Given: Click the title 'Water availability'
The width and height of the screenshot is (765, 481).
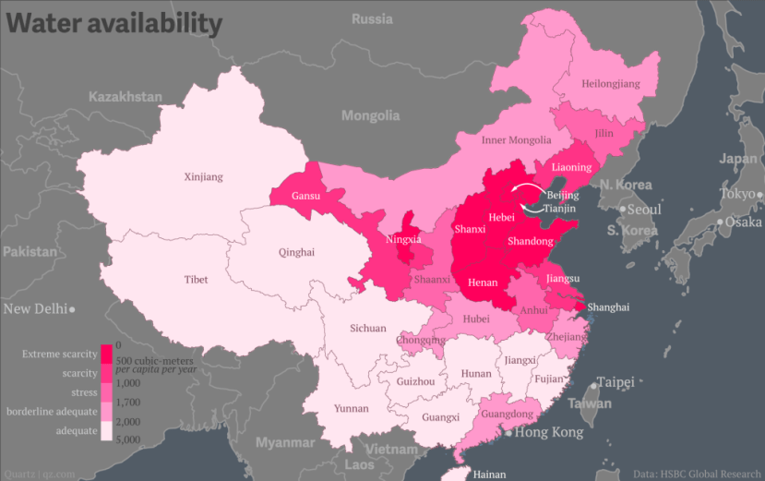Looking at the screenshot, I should pos(115,23).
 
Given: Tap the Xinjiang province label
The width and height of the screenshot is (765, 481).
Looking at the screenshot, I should pos(203,176).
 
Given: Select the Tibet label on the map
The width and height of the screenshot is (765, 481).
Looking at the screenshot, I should pos(196,279).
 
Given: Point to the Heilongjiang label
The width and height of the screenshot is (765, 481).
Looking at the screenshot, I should pos(610,84).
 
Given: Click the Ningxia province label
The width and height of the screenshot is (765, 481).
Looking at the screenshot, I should pos(403,240).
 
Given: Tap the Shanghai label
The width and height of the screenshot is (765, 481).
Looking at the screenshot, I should pos(608,307).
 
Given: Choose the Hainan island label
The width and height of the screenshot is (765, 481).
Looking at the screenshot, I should pos(488,474).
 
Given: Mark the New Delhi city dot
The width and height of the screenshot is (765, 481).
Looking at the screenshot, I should pos(72,309).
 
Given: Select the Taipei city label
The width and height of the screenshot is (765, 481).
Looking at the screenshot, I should pos(616,381).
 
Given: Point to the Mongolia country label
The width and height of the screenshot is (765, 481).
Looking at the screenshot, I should pos(370,115).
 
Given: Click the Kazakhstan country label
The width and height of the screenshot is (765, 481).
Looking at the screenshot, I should pos(126,97).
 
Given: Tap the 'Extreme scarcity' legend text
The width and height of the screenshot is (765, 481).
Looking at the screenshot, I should pos(60,354).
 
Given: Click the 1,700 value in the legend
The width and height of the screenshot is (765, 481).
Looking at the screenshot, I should pos(128,402).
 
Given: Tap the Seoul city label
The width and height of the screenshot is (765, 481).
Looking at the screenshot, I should pos(644,210).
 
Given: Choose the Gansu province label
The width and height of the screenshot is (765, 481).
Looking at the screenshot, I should pos(306,196).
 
